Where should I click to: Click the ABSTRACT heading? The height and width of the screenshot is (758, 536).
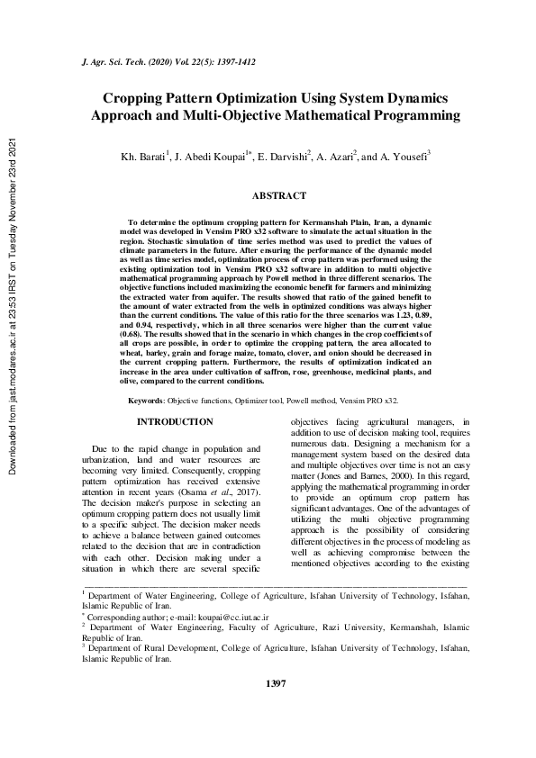[x=278, y=195]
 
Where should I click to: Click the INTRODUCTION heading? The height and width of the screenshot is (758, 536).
[x=175, y=421]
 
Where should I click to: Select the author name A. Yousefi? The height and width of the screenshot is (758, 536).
[x=405, y=157]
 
